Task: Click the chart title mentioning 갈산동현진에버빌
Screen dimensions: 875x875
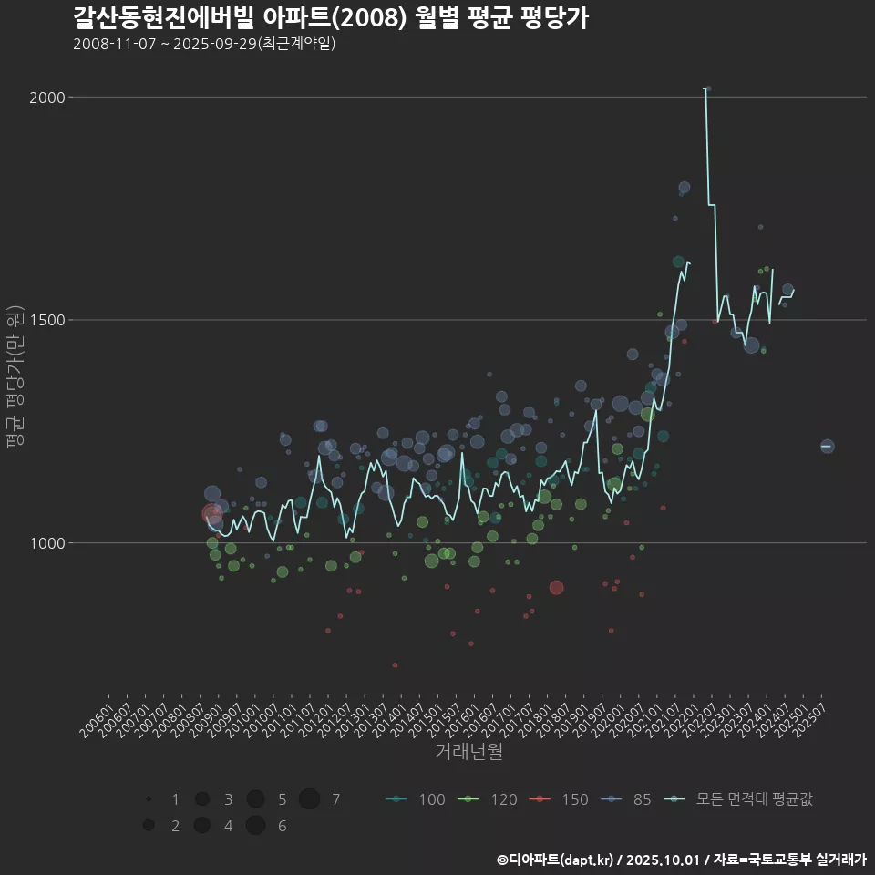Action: tap(330, 17)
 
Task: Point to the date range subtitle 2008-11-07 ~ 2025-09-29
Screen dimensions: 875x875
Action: tap(204, 44)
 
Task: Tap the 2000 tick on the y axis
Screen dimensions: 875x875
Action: tap(51, 98)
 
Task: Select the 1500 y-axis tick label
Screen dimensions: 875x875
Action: tap(51, 320)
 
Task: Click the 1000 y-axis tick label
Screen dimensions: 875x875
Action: tap(51, 543)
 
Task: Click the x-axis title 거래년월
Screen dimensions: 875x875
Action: tap(469, 751)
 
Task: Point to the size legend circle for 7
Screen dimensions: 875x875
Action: tap(309, 799)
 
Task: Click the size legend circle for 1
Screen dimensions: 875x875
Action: tap(148, 799)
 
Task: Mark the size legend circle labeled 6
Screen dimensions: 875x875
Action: tap(255, 826)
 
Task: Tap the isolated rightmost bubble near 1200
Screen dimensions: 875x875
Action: tap(827, 446)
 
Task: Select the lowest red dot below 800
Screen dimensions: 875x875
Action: tap(395, 665)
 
